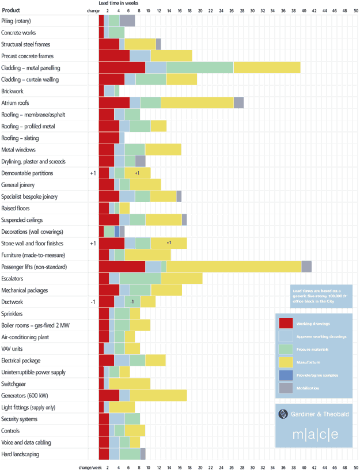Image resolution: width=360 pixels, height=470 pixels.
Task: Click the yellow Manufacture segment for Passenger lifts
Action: (233, 266)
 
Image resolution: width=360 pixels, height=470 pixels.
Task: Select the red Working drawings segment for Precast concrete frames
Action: (114, 56)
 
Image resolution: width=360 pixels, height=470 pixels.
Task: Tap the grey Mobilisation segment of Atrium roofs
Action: (238, 103)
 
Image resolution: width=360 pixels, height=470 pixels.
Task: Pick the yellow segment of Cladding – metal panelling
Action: (267, 67)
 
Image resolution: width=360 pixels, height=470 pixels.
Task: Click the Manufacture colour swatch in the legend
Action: (285, 362)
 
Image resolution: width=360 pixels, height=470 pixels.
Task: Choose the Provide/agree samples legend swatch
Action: (285, 375)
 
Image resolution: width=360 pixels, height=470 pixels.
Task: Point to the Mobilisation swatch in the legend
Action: (285, 388)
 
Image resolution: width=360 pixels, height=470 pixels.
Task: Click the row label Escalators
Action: (12, 278)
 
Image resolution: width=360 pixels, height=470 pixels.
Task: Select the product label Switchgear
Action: (13, 384)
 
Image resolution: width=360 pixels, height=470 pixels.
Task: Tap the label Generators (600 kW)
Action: (25, 396)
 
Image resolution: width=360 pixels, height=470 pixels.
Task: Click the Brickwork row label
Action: (13, 91)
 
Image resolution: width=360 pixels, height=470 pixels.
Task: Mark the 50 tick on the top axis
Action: (355, 10)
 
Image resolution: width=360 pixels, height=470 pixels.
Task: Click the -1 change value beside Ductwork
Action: (92, 302)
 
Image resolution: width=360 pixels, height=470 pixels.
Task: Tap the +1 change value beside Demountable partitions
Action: (93, 173)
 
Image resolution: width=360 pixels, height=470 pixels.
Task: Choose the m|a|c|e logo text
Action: (314, 434)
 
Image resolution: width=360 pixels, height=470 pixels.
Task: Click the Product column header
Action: (10, 10)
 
